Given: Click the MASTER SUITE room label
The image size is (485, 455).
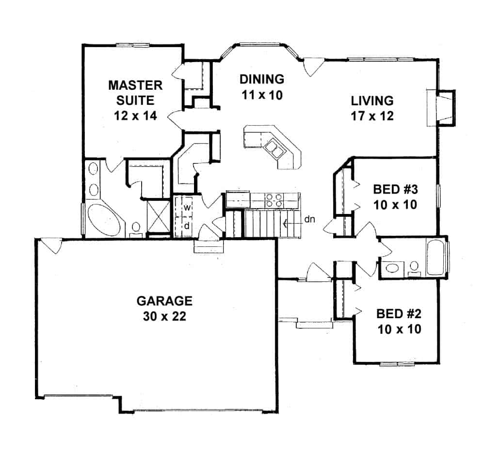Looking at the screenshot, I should [135, 93].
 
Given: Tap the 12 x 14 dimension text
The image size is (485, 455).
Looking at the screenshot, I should [135, 116].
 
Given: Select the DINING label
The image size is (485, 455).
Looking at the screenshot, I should [262, 79].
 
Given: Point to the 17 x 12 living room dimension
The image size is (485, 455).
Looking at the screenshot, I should [372, 116].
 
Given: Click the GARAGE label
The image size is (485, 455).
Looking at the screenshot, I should [164, 301].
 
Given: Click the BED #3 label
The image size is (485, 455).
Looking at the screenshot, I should [395, 189].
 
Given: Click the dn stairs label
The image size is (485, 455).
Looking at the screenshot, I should [310, 219].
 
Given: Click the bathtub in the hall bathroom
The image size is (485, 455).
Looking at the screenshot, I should [436, 258].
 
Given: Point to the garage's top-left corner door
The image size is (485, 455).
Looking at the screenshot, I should [49, 246].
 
